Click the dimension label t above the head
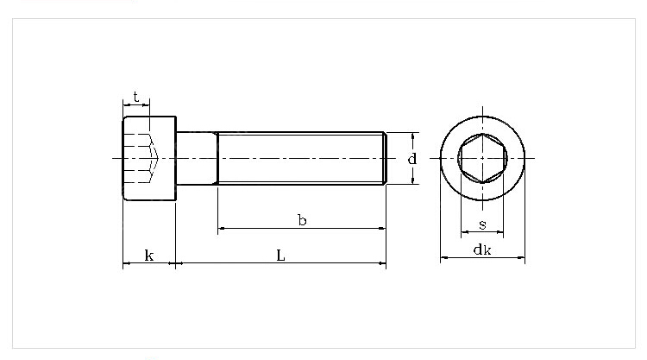136,96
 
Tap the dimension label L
280,255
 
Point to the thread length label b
302,221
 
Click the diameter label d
412,159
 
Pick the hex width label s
482,225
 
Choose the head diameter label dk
482,250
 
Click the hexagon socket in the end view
482,158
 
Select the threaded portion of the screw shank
302,158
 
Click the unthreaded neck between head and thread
196,158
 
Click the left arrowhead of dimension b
222,229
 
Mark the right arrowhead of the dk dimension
521,257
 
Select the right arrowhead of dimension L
381,262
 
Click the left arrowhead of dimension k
126,262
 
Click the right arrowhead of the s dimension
500,232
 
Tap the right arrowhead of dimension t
147,105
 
